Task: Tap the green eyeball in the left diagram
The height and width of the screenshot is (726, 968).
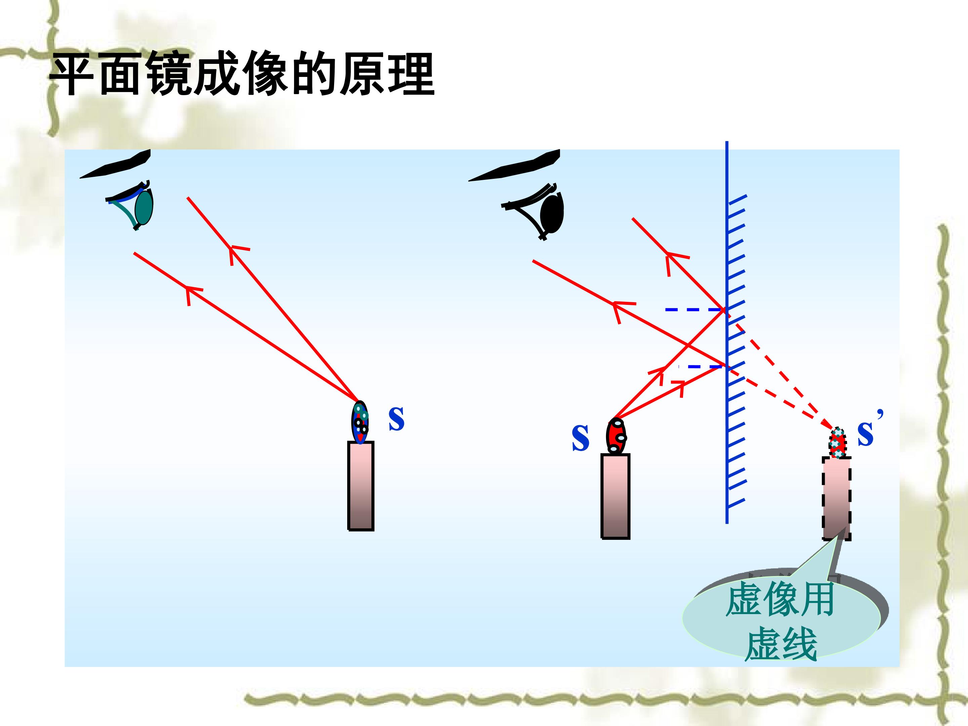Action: [x=144, y=207]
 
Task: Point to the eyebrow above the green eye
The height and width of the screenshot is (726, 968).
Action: [x=115, y=164]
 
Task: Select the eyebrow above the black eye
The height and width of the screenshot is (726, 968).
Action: [x=514, y=165]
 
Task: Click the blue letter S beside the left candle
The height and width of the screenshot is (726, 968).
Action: [x=397, y=418]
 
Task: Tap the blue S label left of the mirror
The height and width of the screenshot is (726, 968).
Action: [x=580, y=438]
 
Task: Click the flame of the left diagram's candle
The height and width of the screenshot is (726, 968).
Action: [x=360, y=422]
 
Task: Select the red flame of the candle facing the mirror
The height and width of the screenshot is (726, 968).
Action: [x=616, y=436]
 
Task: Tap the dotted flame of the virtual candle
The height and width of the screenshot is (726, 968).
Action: [x=838, y=443]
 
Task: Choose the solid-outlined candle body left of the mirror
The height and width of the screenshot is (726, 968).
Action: [x=615, y=496]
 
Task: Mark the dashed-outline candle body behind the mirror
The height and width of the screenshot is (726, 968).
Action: [x=837, y=498]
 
